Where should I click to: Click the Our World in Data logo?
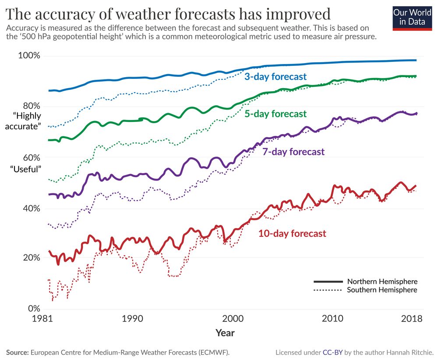(x=412, y=17)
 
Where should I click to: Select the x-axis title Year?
(x=225, y=333)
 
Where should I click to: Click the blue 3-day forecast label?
(x=276, y=77)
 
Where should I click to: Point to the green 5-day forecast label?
(x=276, y=114)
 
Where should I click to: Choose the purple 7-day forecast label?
(x=293, y=152)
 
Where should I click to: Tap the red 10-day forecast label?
(x=292, y=233)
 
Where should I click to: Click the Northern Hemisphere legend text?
(x=382, y=282)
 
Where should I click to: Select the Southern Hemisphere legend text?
(x=382, y=290)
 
